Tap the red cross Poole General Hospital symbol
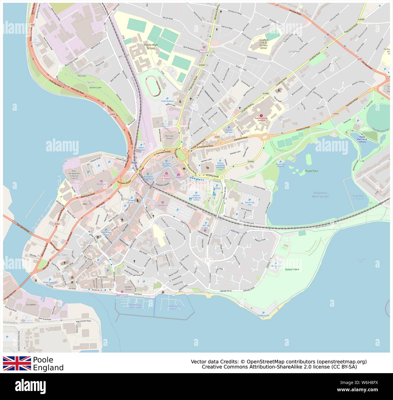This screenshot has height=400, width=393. [261, 115]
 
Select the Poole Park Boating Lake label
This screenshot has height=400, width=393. [321, 195]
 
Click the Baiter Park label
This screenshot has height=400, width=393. [292, 269]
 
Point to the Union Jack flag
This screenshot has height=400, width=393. [17, 363]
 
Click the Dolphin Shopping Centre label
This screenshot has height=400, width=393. [196, 198]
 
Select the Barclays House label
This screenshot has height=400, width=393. [169, 138]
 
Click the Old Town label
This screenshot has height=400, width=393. [62, 255]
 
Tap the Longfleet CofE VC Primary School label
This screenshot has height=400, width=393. [263, 44]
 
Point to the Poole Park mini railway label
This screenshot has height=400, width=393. [362, 140]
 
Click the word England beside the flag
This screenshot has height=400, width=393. [48, 368]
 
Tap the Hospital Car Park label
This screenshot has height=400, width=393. [229, 131]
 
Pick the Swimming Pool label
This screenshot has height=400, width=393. [250, 203]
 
